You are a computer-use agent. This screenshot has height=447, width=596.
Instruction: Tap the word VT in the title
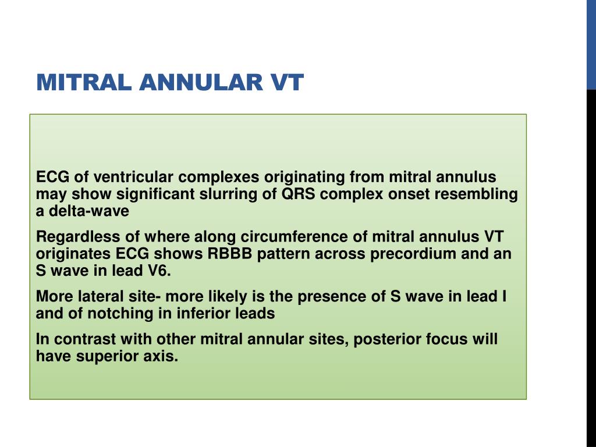[286, 83]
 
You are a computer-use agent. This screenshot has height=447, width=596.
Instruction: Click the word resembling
[474, 194]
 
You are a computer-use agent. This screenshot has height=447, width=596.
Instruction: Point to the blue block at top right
[590, 44]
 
